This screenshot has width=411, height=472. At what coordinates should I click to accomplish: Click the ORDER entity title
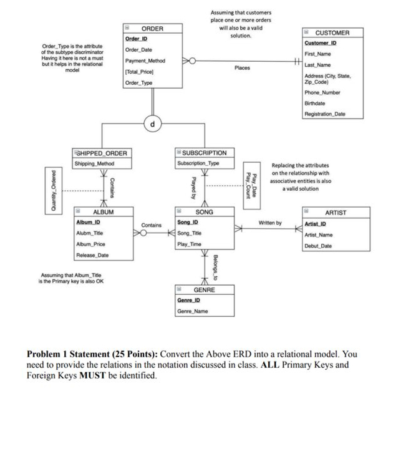pos(152,29)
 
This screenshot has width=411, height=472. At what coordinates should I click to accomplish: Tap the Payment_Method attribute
pos(144,61)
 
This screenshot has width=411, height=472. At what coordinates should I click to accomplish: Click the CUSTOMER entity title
pos(332,32)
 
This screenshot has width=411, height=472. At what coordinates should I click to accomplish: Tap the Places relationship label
pos(242,68)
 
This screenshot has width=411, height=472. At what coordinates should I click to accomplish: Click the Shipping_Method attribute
pos(94,164)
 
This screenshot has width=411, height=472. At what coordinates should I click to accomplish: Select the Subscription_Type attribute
pos(198,163)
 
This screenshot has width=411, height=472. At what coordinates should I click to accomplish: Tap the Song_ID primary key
pos(188,223)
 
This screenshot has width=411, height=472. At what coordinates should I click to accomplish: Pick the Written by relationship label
pos(269,223)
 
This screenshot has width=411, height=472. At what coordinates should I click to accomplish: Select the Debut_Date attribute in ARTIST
pos(318,246)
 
